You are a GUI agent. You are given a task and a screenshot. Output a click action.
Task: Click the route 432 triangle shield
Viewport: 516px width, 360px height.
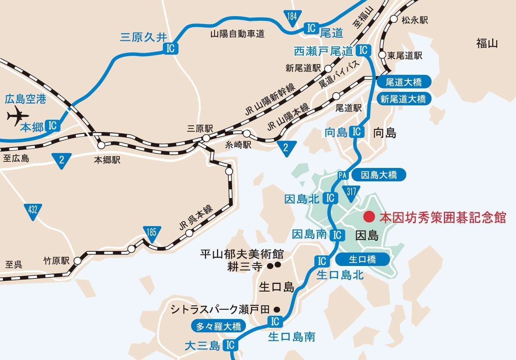(33, 211)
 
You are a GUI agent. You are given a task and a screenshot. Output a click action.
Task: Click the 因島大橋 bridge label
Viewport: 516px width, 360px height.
(379, 175)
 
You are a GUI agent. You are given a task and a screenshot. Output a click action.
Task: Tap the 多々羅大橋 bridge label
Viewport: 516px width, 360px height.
(218, 326)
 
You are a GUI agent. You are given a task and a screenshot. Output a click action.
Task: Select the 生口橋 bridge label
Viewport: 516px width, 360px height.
(362, 259)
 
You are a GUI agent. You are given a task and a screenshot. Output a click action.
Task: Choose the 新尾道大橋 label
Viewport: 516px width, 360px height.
(403, 99)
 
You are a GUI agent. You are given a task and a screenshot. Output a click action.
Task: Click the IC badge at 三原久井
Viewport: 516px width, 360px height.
(171, 48)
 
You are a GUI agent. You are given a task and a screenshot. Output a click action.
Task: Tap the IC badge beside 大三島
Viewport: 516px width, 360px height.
(230, 345)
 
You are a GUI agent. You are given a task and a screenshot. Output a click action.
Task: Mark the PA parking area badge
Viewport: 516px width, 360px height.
(342, 175)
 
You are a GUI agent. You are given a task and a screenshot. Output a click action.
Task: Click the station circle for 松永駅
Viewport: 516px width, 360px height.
(394, 19)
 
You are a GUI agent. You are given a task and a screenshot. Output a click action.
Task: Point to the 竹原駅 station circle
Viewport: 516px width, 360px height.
(77, 261)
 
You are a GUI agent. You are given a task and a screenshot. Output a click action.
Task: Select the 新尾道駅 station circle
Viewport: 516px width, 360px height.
(328, 68)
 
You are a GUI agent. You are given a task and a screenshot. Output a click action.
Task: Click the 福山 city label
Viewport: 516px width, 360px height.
(487, 44)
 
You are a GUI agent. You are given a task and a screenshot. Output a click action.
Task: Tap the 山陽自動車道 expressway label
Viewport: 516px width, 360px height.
(237, 34)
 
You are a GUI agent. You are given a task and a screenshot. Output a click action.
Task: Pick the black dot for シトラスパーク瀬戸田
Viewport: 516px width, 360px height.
(277, 310)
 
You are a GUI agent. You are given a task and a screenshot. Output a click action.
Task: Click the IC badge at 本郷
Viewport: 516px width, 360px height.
(52, 125)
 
